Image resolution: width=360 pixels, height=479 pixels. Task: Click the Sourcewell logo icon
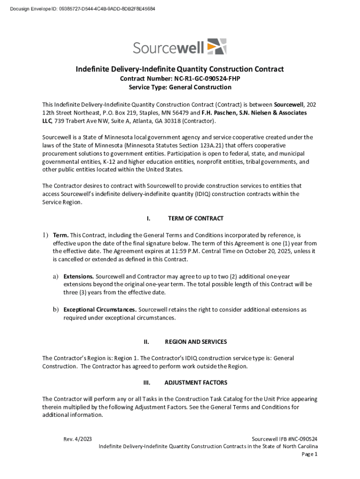(x=216, y=47)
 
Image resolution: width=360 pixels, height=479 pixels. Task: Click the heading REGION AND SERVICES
(x=196, y=342)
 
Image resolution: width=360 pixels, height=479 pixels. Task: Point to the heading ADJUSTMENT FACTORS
(x=196, y=383)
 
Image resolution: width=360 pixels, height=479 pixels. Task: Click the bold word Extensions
(x=79, y=276)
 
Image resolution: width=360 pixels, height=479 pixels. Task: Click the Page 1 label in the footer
(x=310, y=454)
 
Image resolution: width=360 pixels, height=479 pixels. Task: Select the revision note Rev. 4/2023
(x=78, y=439)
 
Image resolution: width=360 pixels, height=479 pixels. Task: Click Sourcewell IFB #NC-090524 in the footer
(x=285, y=439)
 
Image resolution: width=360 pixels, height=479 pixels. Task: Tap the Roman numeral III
(x=147, y=383)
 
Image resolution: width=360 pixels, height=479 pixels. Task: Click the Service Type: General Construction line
(x=180, y=87)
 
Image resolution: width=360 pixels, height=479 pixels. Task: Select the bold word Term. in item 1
(x=61, y=235)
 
